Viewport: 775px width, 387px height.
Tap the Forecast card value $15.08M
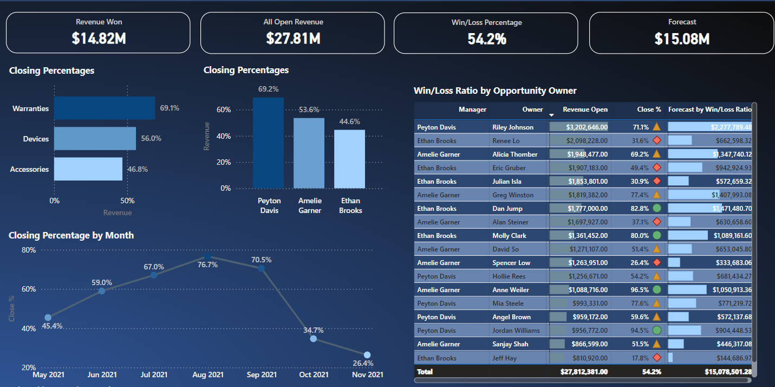click(682, 38)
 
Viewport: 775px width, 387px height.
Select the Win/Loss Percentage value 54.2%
click(486, 38)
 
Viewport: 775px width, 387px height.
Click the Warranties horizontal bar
click(105, 108)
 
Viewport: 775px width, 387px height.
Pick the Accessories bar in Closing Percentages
click(88, 169)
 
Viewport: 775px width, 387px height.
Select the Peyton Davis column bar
click(268, 143)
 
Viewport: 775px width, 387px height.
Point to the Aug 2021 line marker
click(207, 257)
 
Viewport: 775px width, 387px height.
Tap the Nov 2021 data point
click(367, 355)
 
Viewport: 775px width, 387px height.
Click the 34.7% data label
click(314, 330)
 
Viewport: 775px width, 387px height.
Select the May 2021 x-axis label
click(48, 375)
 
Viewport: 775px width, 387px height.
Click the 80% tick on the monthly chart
click(29, 250)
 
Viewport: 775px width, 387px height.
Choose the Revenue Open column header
click(585, 109)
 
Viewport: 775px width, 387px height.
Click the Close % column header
click(649, 109)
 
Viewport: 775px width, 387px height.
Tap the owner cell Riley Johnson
click(512, 127)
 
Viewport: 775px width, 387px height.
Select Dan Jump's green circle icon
click(656, 209)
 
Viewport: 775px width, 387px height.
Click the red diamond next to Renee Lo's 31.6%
click(656, 141)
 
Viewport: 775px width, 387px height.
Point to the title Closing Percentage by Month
click(71, 235)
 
